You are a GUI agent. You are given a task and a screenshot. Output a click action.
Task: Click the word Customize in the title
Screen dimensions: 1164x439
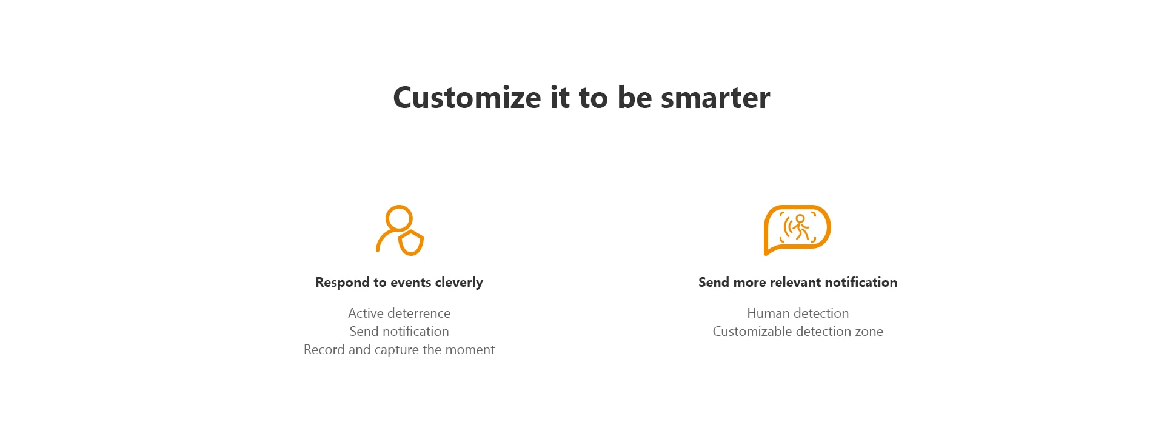click(x=467, y=98)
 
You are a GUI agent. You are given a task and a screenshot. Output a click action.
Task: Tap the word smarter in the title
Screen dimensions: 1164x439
click(x=715, y=98)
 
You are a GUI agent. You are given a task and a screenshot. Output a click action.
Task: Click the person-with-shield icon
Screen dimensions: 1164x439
click(x=400, y=230)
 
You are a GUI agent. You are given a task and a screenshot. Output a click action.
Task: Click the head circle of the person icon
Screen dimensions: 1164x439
click(x=399, y=218)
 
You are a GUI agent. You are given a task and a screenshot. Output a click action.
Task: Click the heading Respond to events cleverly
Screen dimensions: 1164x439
click(x=399, y=283)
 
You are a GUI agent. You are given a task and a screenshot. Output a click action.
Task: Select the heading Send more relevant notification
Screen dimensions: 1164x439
click(x=798, y=283)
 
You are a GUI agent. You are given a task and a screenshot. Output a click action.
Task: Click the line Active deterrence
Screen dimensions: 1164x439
click(x=399, y=313)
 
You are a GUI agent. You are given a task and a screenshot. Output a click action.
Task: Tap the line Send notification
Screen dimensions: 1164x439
click(x=399, y=332)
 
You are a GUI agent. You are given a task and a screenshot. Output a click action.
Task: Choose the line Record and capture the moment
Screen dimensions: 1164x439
click(x=399, y=350)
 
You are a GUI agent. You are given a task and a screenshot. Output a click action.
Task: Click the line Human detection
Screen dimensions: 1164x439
click(x=798, y=313)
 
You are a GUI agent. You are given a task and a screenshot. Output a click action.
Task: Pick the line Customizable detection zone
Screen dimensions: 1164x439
click(x=798, y=332)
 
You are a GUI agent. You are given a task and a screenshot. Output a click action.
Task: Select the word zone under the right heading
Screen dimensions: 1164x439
click(x=869, y=332)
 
